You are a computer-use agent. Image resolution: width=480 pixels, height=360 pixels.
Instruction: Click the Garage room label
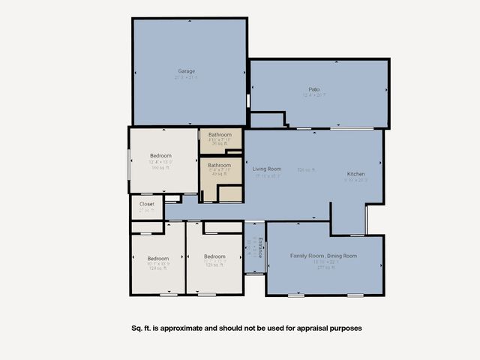tap(186, 71)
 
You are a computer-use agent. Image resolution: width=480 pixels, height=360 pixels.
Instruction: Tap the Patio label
tap(313, 89)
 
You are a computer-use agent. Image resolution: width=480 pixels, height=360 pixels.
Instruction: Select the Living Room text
tap(266, 169)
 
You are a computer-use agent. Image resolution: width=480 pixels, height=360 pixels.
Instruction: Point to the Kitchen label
tap(355, 174)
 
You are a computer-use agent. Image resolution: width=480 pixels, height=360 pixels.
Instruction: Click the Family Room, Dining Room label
tap(323, 256)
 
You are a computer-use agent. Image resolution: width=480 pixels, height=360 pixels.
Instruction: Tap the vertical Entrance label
tap(260, 247)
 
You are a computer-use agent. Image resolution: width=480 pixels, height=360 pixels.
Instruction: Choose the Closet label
tap(146, 203)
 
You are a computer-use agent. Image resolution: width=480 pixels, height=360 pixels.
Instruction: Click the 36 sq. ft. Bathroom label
tap(219, 135)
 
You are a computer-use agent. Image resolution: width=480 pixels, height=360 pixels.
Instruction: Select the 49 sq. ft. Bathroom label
tap(219, 165)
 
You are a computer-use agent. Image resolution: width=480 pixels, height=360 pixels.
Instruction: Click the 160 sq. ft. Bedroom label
tap(160, 156)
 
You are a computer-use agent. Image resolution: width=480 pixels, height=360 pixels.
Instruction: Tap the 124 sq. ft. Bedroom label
tap(158, 258)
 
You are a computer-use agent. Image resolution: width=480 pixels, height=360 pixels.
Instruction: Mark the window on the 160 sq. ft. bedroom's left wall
tap(129, 164)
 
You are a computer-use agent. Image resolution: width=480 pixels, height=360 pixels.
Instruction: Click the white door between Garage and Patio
tap(247, 100)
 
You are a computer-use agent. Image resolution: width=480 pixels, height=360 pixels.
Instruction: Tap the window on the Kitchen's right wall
tap(367, 217)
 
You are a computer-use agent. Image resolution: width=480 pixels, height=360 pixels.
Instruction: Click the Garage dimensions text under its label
tap(186, 78)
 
